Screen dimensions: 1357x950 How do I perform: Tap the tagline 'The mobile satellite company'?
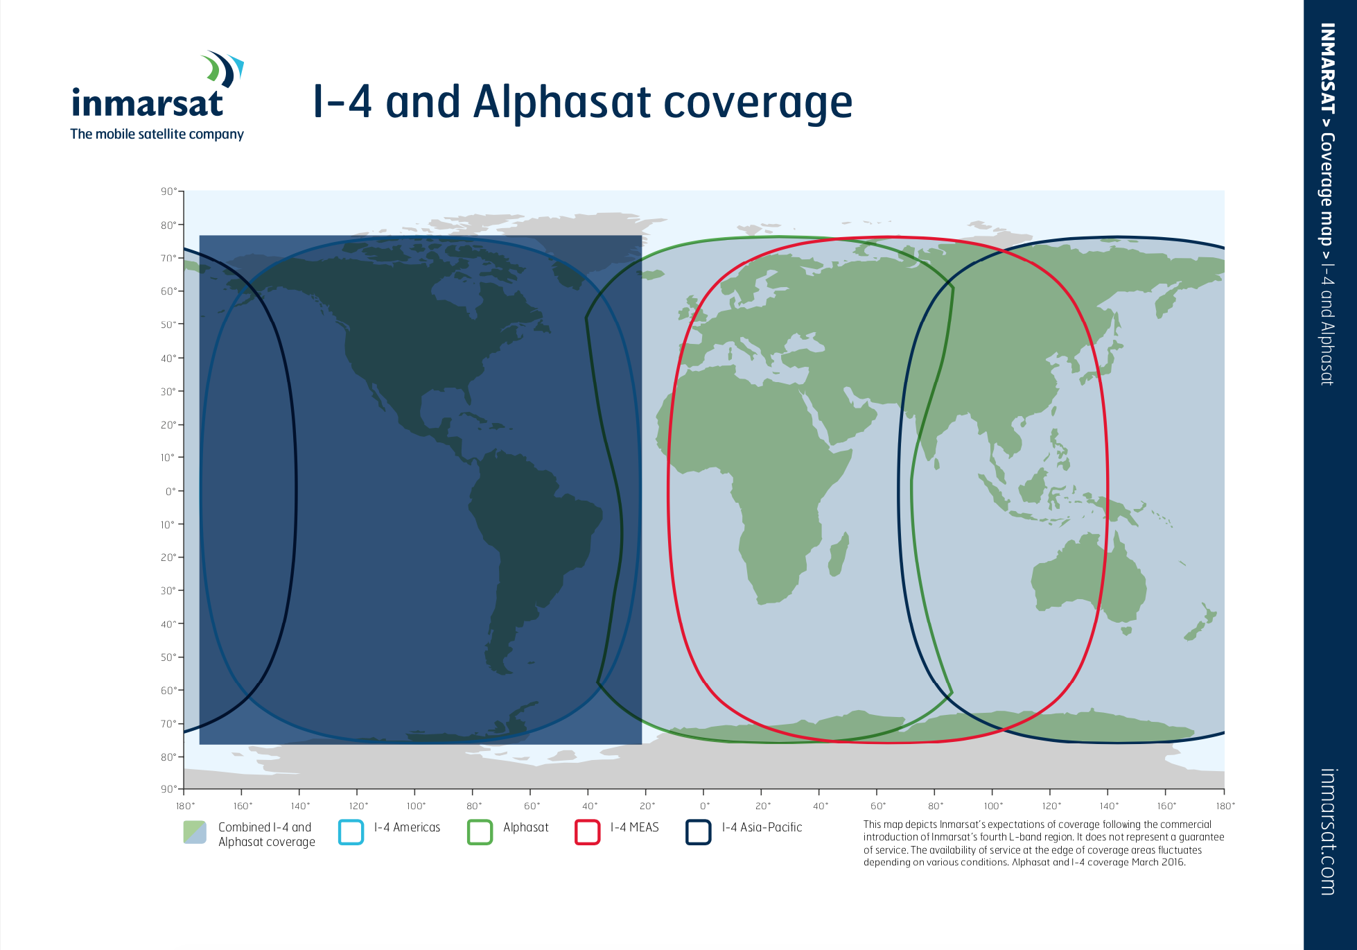tap(157, 134)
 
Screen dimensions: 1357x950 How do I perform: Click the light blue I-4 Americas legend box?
tap(351, 832)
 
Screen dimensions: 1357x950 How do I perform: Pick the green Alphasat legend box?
tap(480, 832)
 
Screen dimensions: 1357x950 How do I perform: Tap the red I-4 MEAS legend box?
tap(587, 832)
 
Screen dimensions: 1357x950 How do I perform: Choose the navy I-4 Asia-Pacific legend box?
tap(699, 832)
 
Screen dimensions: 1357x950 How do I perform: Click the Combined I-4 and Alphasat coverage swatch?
tap(195, 832)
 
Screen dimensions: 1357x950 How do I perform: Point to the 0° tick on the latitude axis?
tap(180, 491)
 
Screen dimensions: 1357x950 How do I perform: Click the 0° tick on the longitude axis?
tap(703, 792)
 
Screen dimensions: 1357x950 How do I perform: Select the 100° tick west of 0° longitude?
tap(414, 792)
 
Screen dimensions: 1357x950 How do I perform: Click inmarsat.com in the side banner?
tap(1327, 832)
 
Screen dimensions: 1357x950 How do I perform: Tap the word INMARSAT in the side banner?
tap(1327, 69)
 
